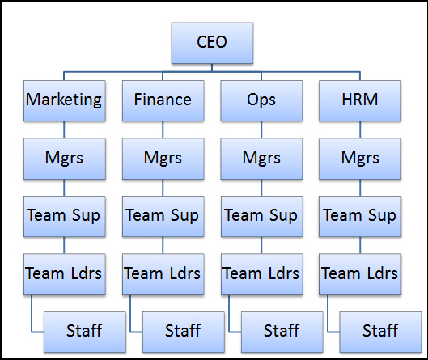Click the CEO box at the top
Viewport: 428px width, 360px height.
pos(212,43)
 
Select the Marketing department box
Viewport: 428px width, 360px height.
pos(65,100)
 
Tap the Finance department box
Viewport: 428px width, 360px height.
pos(163,100)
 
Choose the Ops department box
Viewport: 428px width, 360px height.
pos(261,100)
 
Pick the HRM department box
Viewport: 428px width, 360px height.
pos(360,100)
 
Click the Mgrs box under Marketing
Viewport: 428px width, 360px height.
pos(65,159)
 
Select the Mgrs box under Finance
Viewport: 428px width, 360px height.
pos(163,159)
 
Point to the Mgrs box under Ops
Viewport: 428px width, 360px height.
pos(261,159)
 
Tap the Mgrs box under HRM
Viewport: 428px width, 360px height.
pos(360,159)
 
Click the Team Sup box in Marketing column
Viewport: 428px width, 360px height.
pos(65,217)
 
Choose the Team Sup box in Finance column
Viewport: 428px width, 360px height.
pos(163,217)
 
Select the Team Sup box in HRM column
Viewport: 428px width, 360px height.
pos(360,217)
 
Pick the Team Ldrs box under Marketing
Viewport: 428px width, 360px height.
pos(65,274)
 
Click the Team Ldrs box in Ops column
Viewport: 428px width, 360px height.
pos(262,274)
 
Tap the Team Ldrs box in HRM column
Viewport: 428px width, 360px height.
pos(360,274)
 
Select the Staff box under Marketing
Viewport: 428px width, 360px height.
pos(85,332)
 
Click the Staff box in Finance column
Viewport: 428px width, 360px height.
pos(184,332)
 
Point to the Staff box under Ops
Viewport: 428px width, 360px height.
pos(282,332)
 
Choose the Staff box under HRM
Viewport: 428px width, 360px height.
pos(380,332)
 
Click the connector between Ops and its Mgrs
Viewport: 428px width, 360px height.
pos(261,129)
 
